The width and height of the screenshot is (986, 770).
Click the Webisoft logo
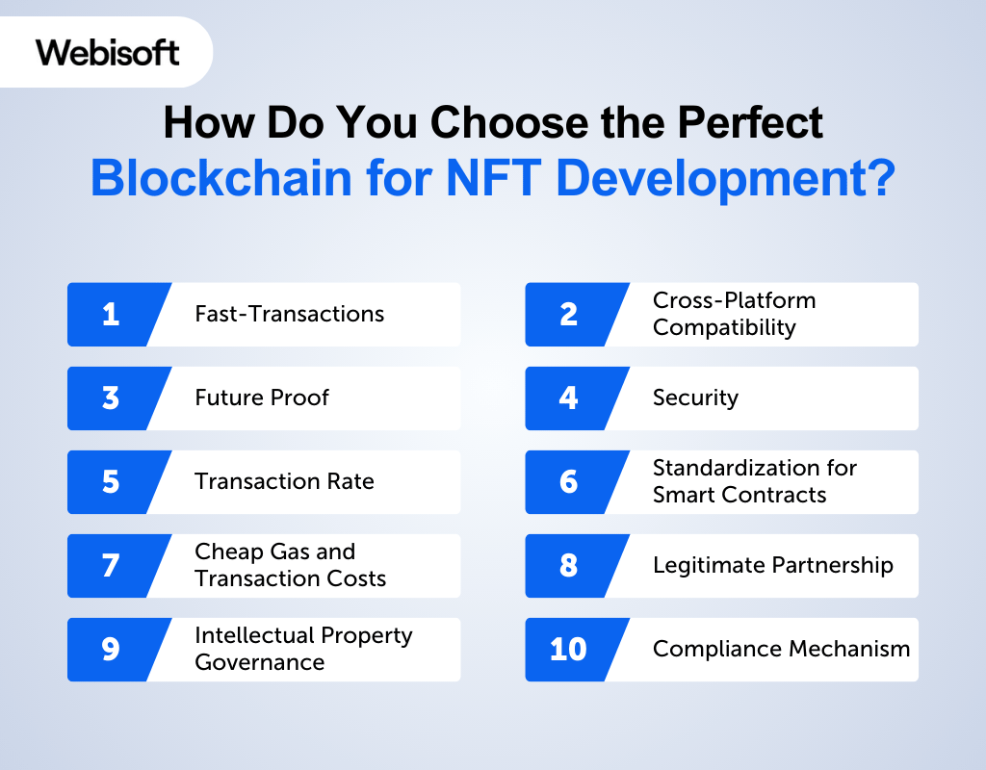coord(108,52)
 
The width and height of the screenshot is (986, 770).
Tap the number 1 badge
coord(110,314)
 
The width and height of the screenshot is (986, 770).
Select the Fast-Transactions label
coord(289,314)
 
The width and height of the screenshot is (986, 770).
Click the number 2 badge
coord(568,314)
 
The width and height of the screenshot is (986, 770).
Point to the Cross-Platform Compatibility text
coord(734,314)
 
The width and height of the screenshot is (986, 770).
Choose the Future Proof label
coord(261,398)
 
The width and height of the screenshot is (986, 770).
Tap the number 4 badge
coord(568,398)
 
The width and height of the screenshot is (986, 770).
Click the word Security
coord(695,398)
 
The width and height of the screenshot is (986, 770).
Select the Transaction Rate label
coord(284,481)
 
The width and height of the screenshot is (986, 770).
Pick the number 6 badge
coord(568,481)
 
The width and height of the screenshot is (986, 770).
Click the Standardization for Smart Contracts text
coord(754,481)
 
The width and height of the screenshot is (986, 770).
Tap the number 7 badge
coord(110,565)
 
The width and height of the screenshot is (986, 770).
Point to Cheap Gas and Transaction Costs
coord(290,565)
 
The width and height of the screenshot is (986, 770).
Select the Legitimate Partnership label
coord(772,565)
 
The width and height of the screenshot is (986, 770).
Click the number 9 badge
coord(110,649)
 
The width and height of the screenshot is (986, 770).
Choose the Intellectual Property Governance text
coord(303,649)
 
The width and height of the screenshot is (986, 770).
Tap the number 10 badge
coord(568,649)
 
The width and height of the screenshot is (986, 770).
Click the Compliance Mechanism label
coord(781,649)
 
